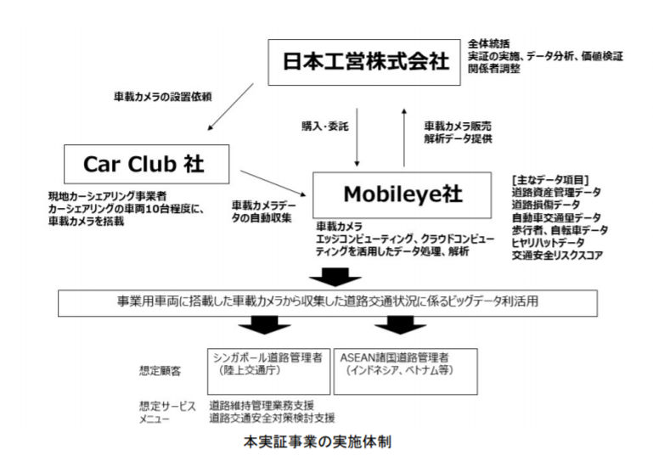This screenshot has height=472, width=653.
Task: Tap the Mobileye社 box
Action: pyautogui.click(x=402, y=194)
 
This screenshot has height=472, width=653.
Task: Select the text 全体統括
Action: pyautogui.click(x=487, y=42)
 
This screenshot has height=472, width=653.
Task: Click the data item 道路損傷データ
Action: pyautogui.click(x=547, y=205)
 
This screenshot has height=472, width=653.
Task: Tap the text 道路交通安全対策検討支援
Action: pyautogui.click(x=272, y=418)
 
